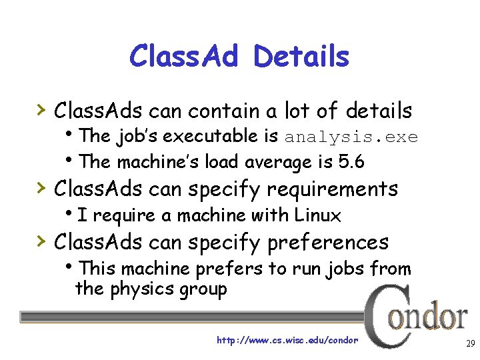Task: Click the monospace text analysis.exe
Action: point(351,137)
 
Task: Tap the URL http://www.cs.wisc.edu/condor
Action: point(287,340)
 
